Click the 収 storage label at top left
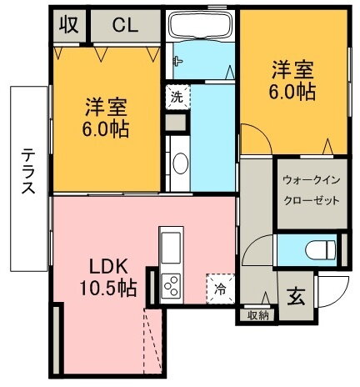[69, 25]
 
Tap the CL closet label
[125, 25]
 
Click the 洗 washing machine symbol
[176, 96]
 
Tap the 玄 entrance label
[296, 294]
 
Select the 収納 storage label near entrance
[258, 316]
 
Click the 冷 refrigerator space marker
[221, 289]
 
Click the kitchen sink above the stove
[171, 247]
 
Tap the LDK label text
[109, 268]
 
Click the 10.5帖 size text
[109, 289]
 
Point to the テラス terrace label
[27, 171]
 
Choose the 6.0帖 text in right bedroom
[292, 92]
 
